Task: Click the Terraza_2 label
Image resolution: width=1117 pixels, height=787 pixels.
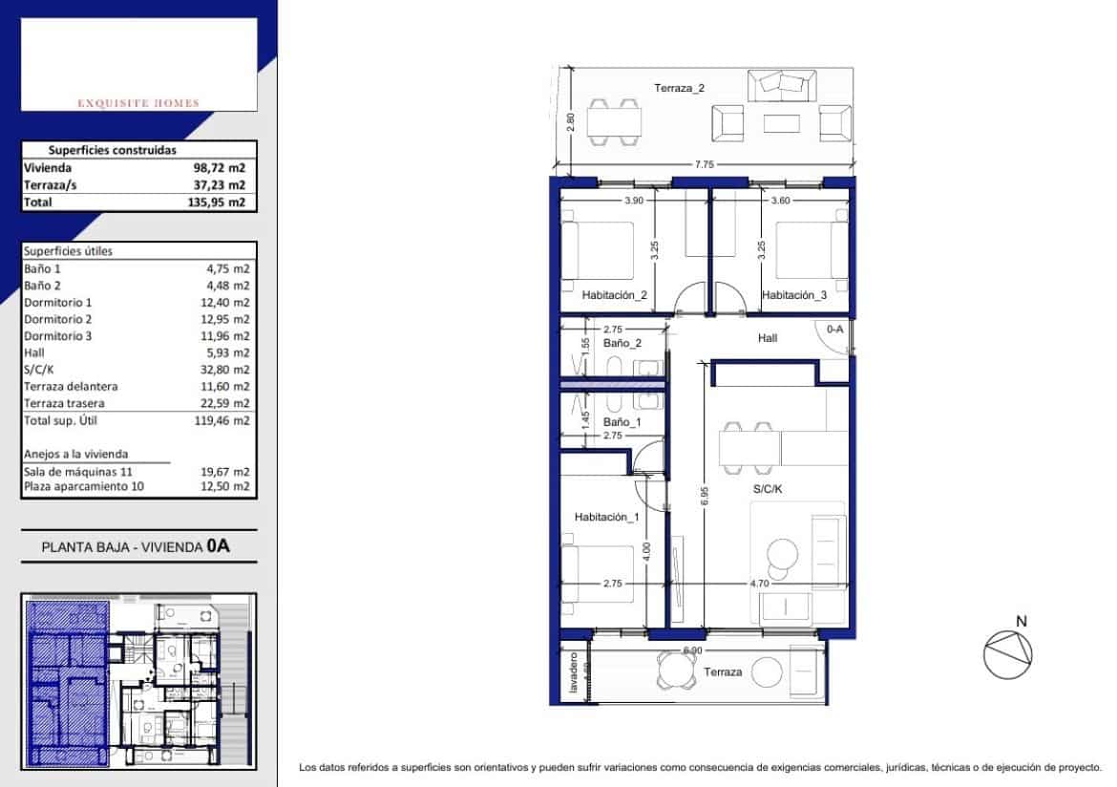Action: [x=679, y=89]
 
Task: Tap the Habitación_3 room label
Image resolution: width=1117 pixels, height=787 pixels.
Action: [x=794, y=296]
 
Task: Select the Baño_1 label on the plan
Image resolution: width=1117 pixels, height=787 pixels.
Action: [x=623, y=421]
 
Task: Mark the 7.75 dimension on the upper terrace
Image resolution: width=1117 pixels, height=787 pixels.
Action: [x=704, y=165]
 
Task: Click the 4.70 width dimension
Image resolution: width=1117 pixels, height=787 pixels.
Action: [x=760, y=583]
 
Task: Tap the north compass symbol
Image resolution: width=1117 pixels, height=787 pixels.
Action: [x=1008, y=654]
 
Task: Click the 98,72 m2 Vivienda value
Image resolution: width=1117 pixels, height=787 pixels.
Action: [x=219, y=167]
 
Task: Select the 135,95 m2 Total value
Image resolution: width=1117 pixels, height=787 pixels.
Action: [x=219, y=202]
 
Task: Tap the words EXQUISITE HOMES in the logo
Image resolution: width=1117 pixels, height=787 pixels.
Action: [x=139, y=103]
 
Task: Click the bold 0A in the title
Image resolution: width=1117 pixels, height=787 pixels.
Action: [x=219, y=547]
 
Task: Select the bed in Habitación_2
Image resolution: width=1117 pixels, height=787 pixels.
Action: [x=599, y=250]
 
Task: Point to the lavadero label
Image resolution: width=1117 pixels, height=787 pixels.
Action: [x=574, y=673]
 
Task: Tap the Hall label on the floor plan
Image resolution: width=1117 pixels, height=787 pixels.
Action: [x=768, y=338]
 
